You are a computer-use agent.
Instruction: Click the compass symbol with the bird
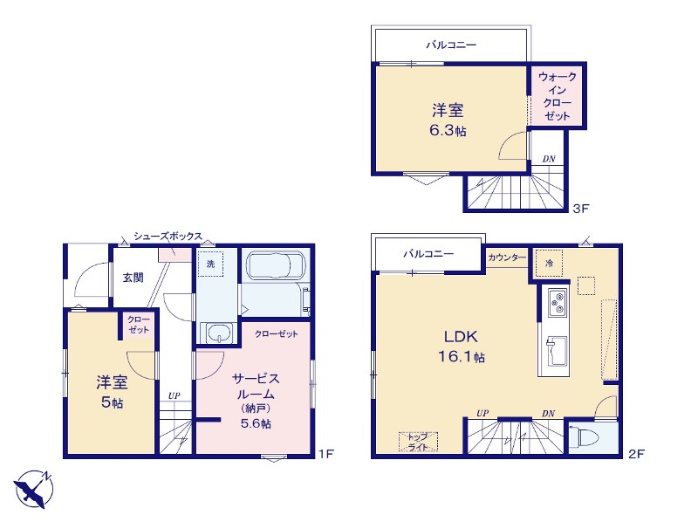tap(33, 489)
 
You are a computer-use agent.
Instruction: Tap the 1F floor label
tap(325, 454)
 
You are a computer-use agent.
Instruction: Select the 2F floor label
tap(636, 454)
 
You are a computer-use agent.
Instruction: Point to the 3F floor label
tap(580, 208)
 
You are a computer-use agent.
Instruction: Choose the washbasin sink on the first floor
tap(219, 333)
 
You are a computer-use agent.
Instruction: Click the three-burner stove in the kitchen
tap(557, 303)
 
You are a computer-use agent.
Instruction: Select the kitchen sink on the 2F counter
tap(557, 351)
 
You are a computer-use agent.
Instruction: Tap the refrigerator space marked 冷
tap(549, 264)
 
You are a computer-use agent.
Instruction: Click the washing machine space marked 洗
tap(210, 264)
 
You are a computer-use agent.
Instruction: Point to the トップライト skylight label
tap(418, 442)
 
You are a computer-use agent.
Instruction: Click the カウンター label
tap(507, 258)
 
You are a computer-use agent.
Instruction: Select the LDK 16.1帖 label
tap(462, 347)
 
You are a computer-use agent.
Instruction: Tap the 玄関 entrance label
tap(133, 278)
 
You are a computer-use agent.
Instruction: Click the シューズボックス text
tap(168, 237)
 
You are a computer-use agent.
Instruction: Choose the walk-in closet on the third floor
tap(557, 96)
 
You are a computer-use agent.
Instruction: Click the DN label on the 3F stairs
tap(549, 159)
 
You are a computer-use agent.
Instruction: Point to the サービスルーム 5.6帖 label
tap(256, 401)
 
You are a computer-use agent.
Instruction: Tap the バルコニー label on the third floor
tap(451, 45)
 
